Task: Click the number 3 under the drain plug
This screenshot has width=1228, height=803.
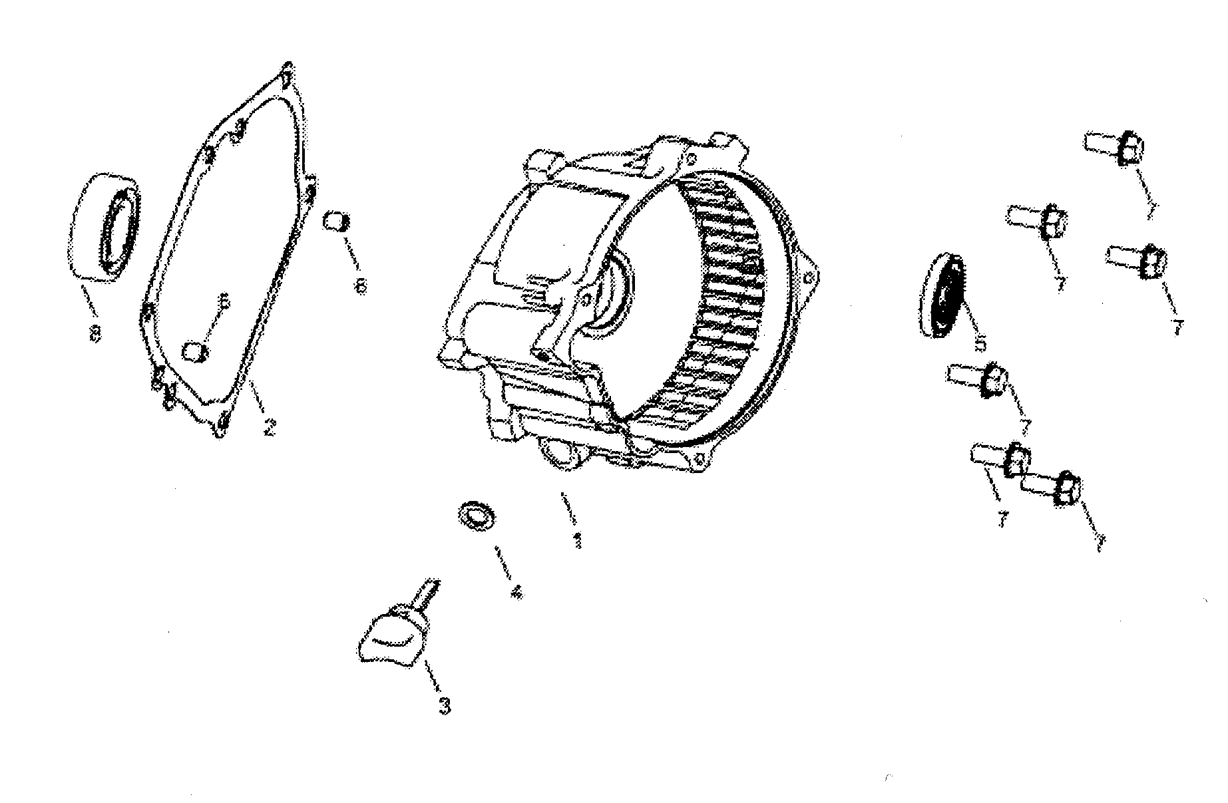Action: pyautogui.click(x=444, y=705)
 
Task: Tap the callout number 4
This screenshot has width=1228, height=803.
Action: pyautogui.click(x=515, y=592)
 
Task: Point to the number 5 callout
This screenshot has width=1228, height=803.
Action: pyautogui.click(x=979, y=344)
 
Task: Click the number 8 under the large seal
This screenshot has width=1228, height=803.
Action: pyautogui.click(x=95, y=334)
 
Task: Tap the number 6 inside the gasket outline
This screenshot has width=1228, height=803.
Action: pyautogui.click(x=224, y=303)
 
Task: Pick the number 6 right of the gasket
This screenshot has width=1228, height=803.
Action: pyautogui.click(x=360, y=286)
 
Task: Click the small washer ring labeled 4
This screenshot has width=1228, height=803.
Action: pyautogui.click(x=476, y=516)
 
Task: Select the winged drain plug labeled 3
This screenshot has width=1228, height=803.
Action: pyautogui.click(x=391, y=639)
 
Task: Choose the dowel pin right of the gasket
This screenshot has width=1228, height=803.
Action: pyautogui.click(x=334, y=220)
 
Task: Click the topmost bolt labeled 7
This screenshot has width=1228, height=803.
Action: pyautogui.click(x=1115, y=146)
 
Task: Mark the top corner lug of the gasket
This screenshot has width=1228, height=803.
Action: pyautogui.click(x=286, y=72)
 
